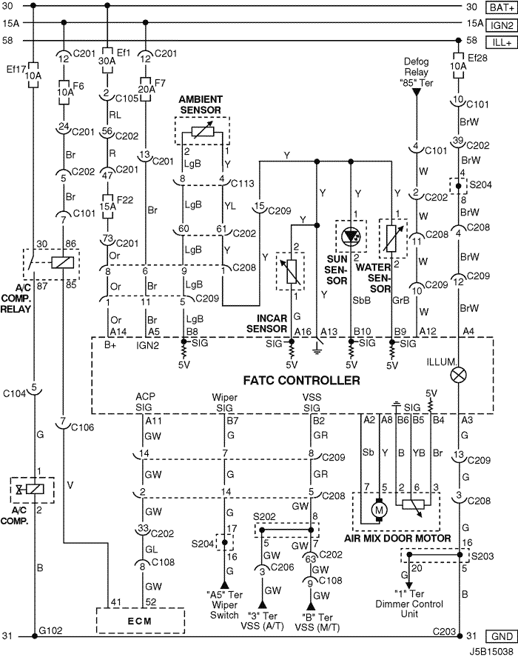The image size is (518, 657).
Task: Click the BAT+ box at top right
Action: [x=502, y=7]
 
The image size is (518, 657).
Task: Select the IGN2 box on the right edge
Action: [x=502, y=25]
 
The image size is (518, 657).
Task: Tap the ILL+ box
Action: [x=502, y=43]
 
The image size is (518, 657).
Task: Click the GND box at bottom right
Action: [x=502, y=636]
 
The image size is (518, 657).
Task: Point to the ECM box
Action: [x=141, y=621]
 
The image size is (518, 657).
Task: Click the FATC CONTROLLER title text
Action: [x=301, y=381]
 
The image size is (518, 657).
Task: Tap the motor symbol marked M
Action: [x=380, y=510]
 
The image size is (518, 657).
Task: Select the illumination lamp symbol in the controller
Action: [x=459, y=376]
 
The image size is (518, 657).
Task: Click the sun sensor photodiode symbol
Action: [x=351, y=237]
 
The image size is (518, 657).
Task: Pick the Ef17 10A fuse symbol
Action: [x=33, y=76]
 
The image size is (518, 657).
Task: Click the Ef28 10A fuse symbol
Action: [x=459, y=66]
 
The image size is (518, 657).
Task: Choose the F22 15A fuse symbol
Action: [x=107, y=206]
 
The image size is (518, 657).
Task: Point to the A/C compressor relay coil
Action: [x=63, y=263]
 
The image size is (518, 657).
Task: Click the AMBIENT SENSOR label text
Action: [x=200, y=104]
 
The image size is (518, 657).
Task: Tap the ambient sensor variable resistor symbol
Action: [x=203, y=132]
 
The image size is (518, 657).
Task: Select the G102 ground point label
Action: [x=50, y=630]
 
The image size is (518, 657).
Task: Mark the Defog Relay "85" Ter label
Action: [x=416, y=72]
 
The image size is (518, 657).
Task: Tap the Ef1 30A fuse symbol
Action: [x=107, y=61]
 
